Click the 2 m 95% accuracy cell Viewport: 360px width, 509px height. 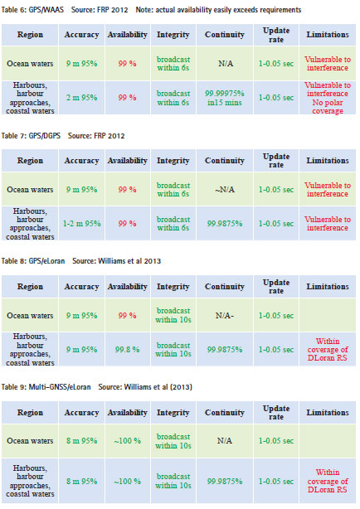coord(81,97)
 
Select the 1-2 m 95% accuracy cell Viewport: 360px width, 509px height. coord(81,223)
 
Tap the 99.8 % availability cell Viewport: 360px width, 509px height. coord(127,349)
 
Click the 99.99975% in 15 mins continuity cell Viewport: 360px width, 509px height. coord(225,98)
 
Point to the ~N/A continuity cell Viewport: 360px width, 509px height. coord(225,190)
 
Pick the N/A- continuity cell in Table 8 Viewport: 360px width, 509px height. coord(225,315)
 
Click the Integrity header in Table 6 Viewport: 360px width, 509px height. coord(173,35)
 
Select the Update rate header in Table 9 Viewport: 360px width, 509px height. coord(276,412)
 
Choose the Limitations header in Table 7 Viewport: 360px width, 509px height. coord(328,160)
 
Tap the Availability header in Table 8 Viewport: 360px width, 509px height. coord(128,286)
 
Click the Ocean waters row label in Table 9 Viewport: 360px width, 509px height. coord(30,440)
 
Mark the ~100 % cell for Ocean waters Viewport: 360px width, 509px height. coord(127,440)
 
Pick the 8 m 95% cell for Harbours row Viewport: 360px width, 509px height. coord(81,481)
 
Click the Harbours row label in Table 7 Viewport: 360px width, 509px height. coord(30,224)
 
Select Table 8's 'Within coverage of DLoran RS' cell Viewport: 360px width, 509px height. coord(328,350)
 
